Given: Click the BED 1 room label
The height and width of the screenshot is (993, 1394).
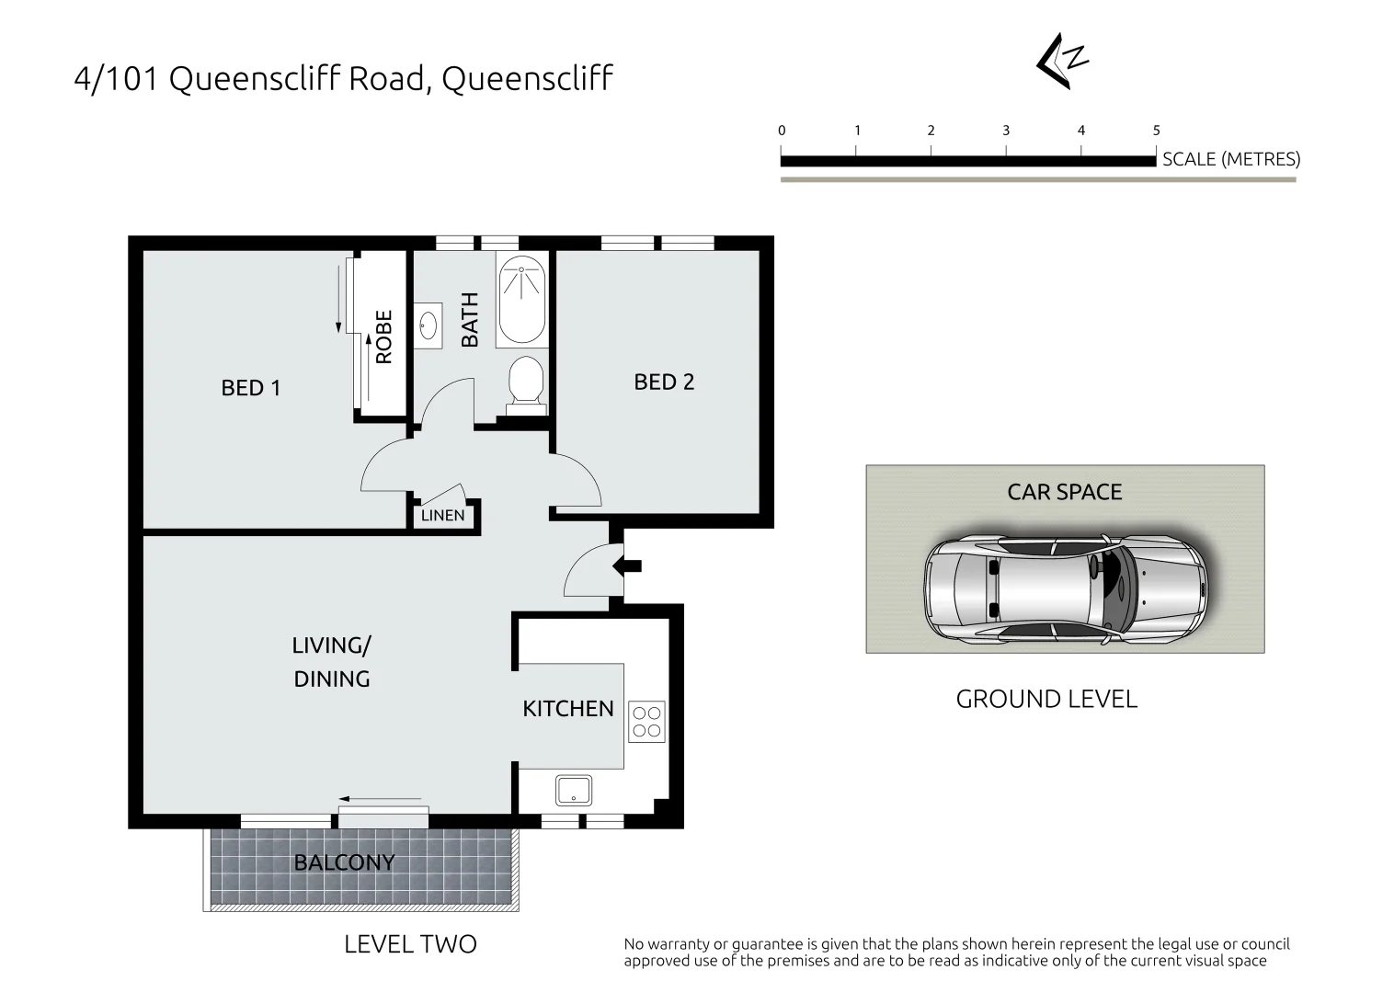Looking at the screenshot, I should tap(250, 388).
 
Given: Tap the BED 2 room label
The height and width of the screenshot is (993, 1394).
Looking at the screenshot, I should tap(664, 382).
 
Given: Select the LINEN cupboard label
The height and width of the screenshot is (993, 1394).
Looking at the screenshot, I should tap(442, 516).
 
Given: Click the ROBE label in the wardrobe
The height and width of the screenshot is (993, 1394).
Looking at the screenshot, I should tap(384, 337).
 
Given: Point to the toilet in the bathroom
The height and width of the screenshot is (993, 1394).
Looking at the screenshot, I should tap(526, 381).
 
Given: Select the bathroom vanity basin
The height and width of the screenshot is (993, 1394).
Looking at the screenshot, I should tap(428, 325).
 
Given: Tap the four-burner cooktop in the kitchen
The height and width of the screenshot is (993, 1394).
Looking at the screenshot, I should tap(646, 722).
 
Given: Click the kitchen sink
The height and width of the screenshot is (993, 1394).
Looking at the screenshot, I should tap(573, 790).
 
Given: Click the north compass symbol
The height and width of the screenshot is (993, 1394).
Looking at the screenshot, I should tap(1062, 62).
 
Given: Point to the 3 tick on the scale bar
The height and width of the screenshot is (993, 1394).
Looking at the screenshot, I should tap(1006, 131).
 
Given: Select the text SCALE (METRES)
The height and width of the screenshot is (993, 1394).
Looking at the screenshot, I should tap(1230, 159).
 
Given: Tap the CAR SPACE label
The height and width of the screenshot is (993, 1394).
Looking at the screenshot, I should tap(1064, 492).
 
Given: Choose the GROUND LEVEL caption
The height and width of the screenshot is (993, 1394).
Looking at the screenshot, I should tap(1046, 700).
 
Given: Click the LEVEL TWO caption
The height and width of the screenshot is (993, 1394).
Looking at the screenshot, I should tap(410, 944).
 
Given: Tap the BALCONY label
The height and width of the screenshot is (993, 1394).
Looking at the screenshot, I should tap(344, 862).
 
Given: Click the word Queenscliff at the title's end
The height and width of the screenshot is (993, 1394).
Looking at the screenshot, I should tap(527, 79).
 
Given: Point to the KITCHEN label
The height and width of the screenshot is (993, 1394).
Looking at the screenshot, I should tap(567, 709).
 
